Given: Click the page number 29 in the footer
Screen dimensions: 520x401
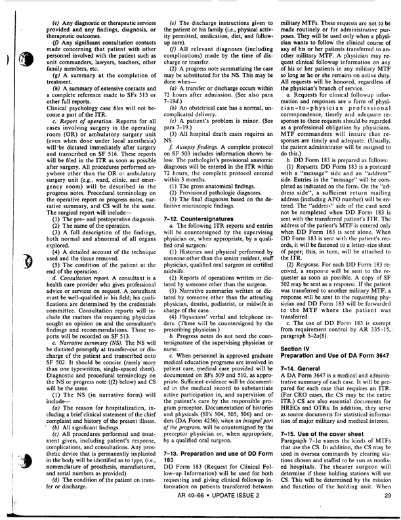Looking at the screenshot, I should (352, 494).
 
